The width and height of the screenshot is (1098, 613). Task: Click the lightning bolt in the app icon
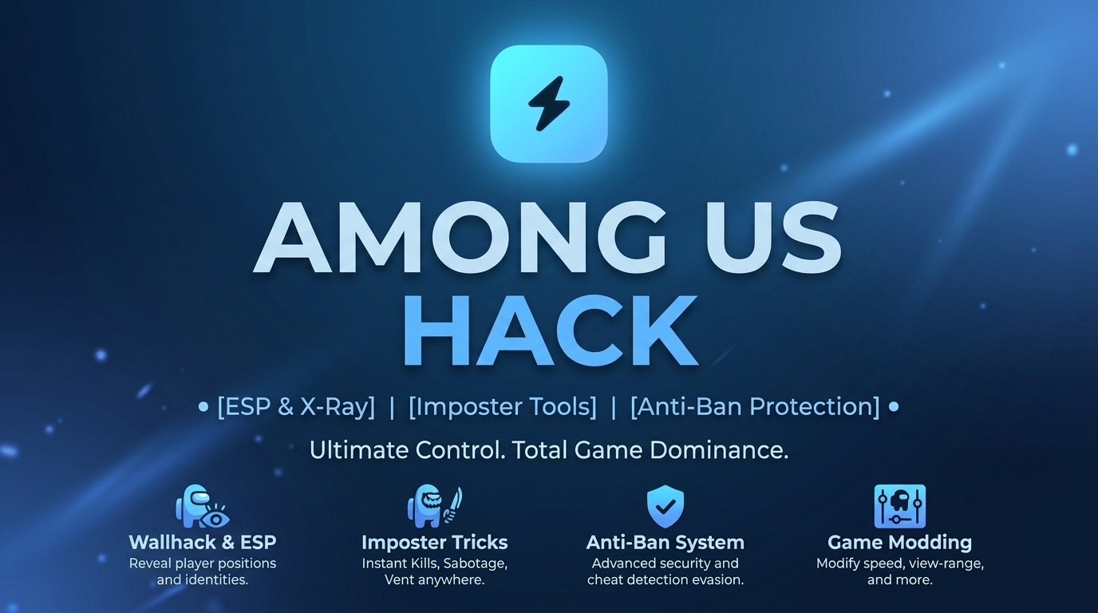(x=549, y=104)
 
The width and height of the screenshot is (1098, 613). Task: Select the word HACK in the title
(x=551, y=331)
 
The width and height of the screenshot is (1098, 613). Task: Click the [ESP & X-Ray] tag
(x=296, y=407)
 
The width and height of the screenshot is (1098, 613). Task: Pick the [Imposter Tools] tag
(x=503, y=407)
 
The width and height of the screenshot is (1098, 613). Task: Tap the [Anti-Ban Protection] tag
(x=755, y=407)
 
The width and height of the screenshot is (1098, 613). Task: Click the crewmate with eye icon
(x=202, y=506)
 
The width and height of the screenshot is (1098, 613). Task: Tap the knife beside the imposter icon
(x=453, y=504)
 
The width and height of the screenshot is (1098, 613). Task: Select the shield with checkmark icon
(x=666, y=506)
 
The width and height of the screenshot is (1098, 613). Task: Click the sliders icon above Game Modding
(x=900, y=506)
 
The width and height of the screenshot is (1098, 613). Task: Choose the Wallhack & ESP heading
(x=203, y=543)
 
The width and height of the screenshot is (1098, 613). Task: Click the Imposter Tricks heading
(x=435, y=543)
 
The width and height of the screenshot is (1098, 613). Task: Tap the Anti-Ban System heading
(x=666, y=543)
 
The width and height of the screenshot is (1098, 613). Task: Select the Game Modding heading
(x=900, y=543)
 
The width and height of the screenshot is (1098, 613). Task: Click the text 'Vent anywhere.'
(x=435, y=579)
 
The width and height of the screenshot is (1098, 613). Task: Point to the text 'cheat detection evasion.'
(x=666, y=579)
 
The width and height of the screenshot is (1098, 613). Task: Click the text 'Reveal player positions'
(x=203, y=564)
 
